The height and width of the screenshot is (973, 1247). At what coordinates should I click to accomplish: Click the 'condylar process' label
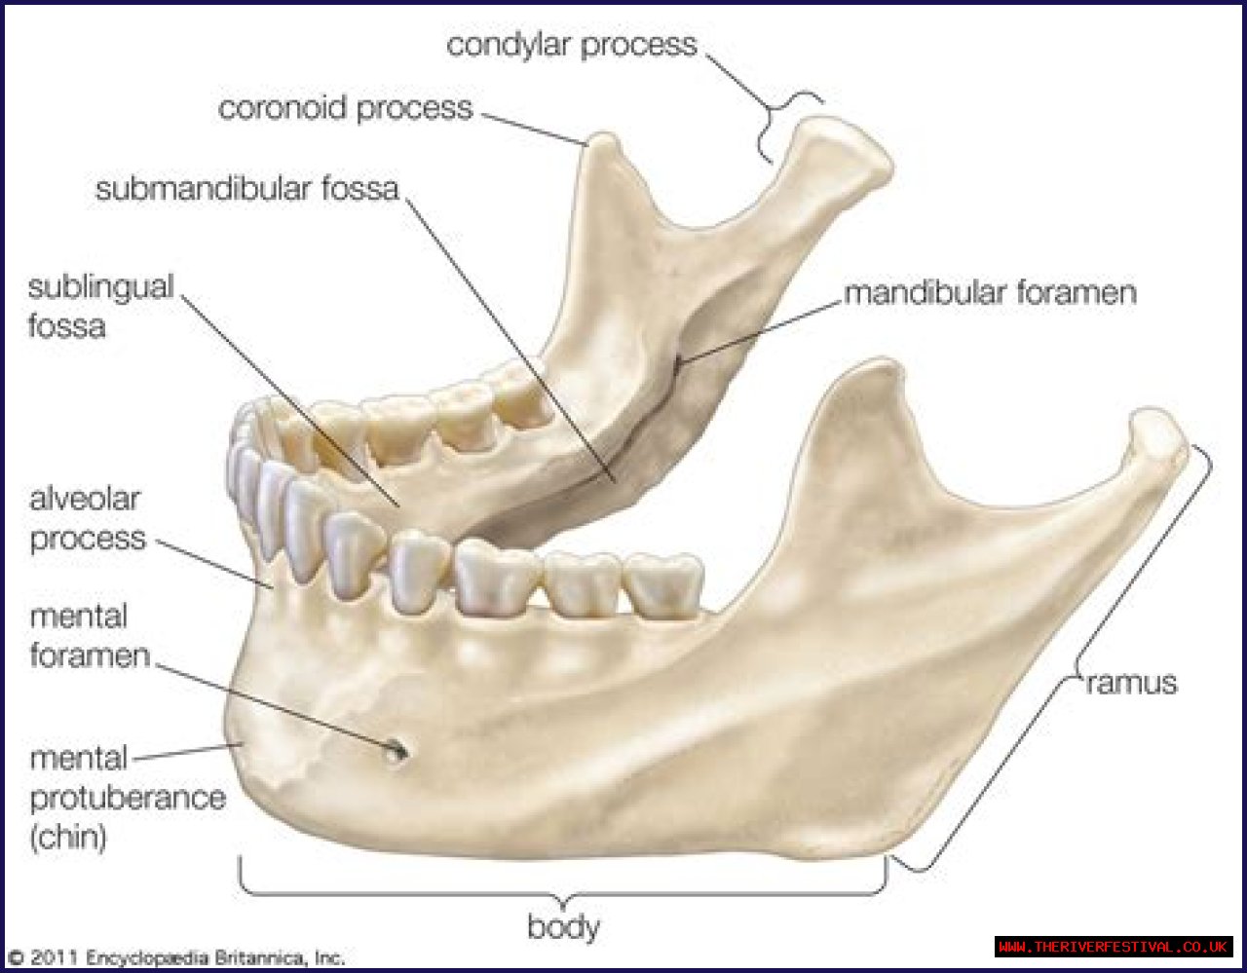pyautogui.click(x=572, y=46)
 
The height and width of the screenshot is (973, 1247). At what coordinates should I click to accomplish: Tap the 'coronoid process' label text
pyautogui.click(x=345, y=108)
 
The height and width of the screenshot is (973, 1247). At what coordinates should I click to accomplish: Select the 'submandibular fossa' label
pyautogui.click(x=246, y=188)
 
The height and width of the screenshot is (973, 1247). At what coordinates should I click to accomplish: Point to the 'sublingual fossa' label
pyautogui.click(x=100, y=306)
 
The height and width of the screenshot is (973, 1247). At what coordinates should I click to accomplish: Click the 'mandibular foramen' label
pyautogui.click(x=990, y=292)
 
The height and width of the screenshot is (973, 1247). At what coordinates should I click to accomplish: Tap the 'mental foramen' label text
pyautogui.click(x=90, y=635)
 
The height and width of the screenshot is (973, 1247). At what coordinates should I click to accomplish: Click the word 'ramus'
pyautogui.click(x=1131, y=683)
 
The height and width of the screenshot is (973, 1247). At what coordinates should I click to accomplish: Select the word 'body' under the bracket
pyautogui.click(x=563, y=926)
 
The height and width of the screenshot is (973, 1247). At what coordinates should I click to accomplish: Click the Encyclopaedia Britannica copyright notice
pyautogui.click(x=175, y=957)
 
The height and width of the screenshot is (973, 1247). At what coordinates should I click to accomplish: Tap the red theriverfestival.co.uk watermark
pyautogui.click(x=1114, y=947)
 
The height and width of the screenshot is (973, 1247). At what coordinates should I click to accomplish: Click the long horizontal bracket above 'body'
pyautogui.click(x=563, y=890)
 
